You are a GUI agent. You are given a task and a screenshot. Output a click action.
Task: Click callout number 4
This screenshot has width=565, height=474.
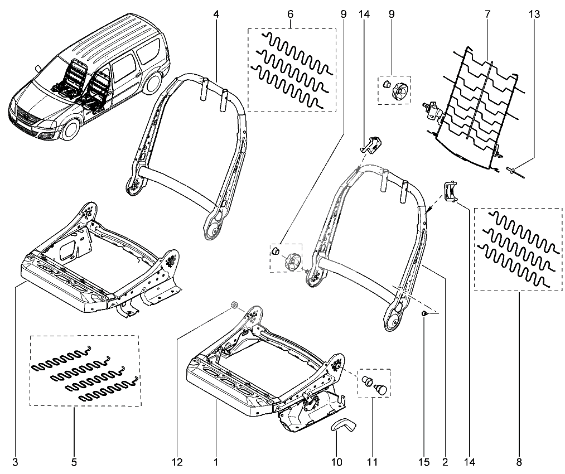[x=215, y=14]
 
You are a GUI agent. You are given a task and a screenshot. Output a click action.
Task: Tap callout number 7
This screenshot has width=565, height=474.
[x=487, y=14]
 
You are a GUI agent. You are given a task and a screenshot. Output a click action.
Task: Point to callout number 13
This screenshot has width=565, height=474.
[x=534, y=14]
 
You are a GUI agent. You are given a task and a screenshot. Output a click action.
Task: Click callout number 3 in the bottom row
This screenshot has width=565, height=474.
[x=15, y=462]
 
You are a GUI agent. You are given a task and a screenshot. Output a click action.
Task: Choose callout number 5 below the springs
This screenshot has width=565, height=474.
[x=74, y=462]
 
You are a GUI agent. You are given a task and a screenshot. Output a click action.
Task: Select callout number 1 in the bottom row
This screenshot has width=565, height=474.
[x=215, y=462]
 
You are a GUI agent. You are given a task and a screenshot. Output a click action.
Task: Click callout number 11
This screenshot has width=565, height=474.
[x=372, y=462]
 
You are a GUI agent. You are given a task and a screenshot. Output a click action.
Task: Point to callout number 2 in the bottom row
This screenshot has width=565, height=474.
[x=445, y=462]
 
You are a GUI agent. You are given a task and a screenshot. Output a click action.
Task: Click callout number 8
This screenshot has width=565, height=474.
[x=520, y=462]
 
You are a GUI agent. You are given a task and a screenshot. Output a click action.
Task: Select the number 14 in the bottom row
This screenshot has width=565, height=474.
[x=469, y=462]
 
